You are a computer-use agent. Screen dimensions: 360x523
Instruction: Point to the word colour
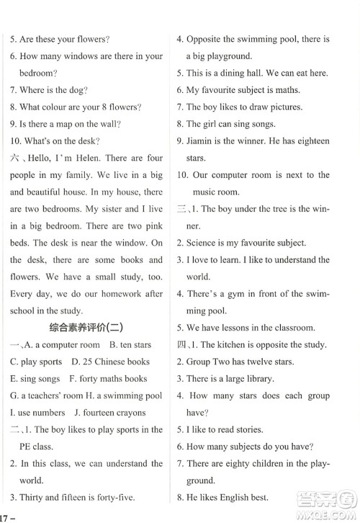56,107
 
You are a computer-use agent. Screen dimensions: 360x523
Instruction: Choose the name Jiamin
203,142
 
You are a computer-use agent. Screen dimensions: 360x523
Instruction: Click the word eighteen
310,142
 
